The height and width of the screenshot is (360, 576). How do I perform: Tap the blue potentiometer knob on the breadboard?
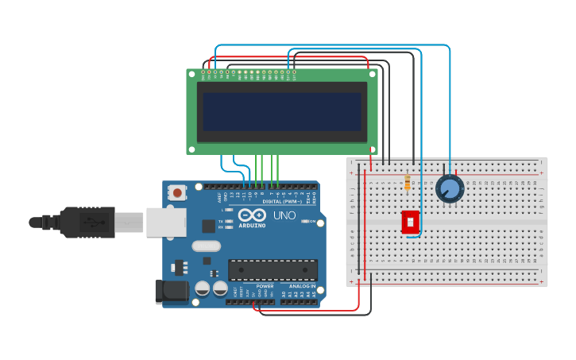pyautogui.click(x=450, y=189)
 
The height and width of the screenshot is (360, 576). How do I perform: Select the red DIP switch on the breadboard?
pyautogui.click(x=411, y=222)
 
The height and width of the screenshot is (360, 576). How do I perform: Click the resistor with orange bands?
pyautogui.click(x=408, y=183)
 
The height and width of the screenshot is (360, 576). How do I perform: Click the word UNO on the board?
pyautogui.click(x=284, y=215)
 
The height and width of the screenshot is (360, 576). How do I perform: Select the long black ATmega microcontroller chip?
pyautogui.click(x=273, y=270)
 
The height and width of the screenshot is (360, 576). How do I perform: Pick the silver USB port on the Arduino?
pyautogui.click(x=166, y=222)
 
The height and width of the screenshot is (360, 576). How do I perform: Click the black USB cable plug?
pyautogui.click(x=87, y=222)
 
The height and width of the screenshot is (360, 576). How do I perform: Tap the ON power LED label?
pyautogui.click(x=312, y=221)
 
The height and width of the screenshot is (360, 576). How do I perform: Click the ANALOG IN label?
pyautogui.click(x=301, y=285)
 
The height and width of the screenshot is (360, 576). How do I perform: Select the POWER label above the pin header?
pyautogui.click(x=265, y=285)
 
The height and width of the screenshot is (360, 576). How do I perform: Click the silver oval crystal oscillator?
pyautogui.click(x=207, y=246)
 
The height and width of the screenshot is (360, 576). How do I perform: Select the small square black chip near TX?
pyautogui.click(x=208, y=226)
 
